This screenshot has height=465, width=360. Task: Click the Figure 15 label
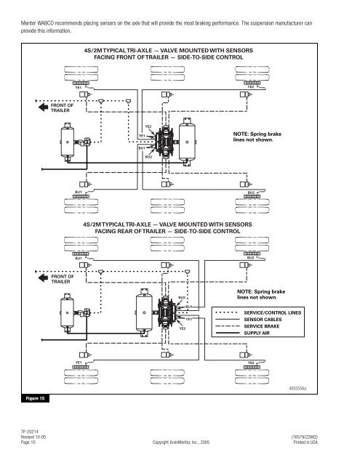pyautogui.click(x=35, y=398)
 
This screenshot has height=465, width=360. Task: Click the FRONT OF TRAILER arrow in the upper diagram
pyautogui.click(x=43, y=107)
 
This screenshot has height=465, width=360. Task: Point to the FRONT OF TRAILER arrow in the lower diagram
pyautogui.click(x=43, y=278)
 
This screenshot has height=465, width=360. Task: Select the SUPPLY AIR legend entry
pyautogui.click(x=257, y=333)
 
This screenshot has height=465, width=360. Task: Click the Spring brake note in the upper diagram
pyautogui.click(x=257, y=137)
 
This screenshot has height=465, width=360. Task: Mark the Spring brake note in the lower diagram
pyautogui.click(x=261, y=294)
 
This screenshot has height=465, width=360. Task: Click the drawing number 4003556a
pyautogui.click(x=297, y=389)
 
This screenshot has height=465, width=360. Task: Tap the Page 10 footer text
pyautogui.click(x=28, y=442)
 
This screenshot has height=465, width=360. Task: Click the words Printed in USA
pyautogui.click(x=305, y=442)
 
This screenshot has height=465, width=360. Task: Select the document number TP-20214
pyautogui.click(x=29, y=432)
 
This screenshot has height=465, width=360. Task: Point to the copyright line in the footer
pyautogui.click(x=181, y=442)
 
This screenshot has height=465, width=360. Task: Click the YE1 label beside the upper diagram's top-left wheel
pyautogui.click(x=78, y=87)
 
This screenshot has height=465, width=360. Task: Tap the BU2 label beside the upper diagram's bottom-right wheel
pyautogui.click(x=251, y=193)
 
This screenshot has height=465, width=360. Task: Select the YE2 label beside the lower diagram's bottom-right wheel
pyautogui.click(x=251, y=363)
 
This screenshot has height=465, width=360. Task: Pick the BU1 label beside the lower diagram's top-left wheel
pyautogui.click(x=79, y=259)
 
